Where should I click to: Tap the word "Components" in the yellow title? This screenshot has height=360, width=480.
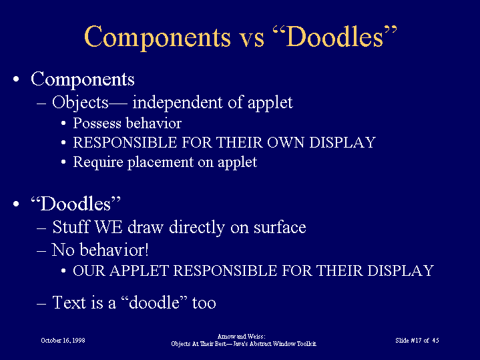[158, 37]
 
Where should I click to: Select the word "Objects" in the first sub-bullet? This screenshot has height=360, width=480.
[80, 103]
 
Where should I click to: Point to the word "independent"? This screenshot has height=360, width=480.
[177, 102]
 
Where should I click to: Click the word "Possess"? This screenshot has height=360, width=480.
[97, 123]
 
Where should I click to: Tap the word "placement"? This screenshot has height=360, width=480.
[160, 162]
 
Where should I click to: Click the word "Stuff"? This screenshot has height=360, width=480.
[71, 227]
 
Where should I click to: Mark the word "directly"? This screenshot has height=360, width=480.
[197, 228]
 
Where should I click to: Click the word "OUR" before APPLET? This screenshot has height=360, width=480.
[89, 271]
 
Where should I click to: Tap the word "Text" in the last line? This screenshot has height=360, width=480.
[69, 303]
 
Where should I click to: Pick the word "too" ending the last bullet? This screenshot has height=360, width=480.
[204, 303]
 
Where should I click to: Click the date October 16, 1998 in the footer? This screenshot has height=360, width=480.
[63, 341]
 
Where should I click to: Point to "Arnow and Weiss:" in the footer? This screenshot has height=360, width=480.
[241, 337]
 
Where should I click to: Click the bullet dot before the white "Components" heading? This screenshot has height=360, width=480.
[16, 79]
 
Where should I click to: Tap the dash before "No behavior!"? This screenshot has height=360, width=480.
[41, 250]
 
